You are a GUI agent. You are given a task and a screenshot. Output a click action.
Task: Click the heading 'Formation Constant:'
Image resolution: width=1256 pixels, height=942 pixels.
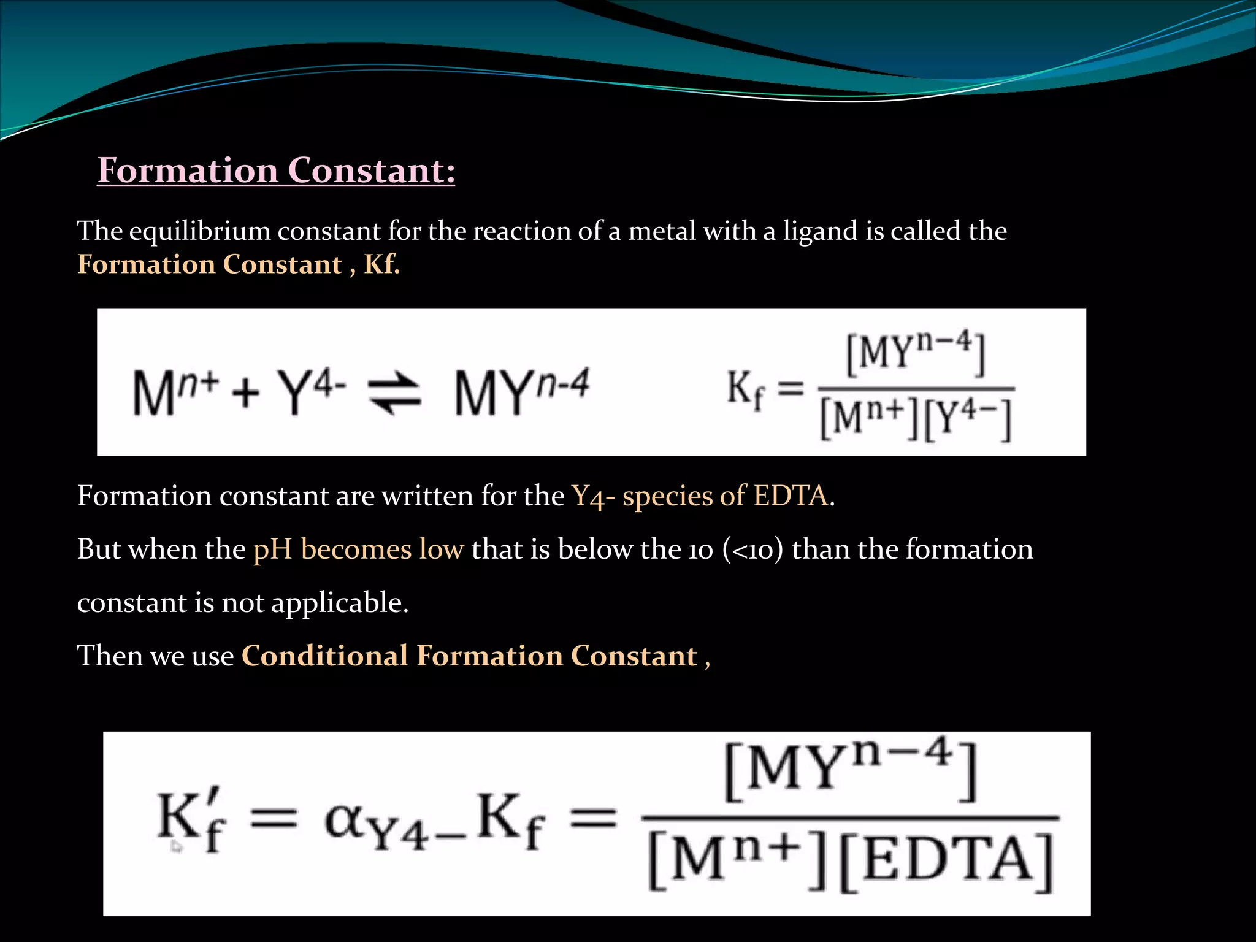[x=276, y=170]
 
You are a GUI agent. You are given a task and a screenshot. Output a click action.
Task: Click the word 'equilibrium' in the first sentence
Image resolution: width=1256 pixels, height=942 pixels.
[x=199, y=231]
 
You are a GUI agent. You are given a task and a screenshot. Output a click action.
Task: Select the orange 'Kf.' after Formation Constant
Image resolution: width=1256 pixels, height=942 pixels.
[x=381, y=264]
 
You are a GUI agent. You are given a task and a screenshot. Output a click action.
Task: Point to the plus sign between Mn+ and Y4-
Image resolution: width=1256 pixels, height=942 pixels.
[x=246, y=392]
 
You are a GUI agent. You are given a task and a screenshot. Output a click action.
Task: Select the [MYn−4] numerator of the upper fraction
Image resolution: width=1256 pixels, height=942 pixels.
[x=916, y=354]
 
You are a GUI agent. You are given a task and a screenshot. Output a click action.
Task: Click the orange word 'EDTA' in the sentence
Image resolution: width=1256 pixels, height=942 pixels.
[x=791, y=496]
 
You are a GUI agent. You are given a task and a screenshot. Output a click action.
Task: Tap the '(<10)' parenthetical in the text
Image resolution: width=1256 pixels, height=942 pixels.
[x=753, y=549]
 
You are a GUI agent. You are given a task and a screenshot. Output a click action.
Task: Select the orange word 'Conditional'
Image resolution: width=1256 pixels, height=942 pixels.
[x=324, y=656]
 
